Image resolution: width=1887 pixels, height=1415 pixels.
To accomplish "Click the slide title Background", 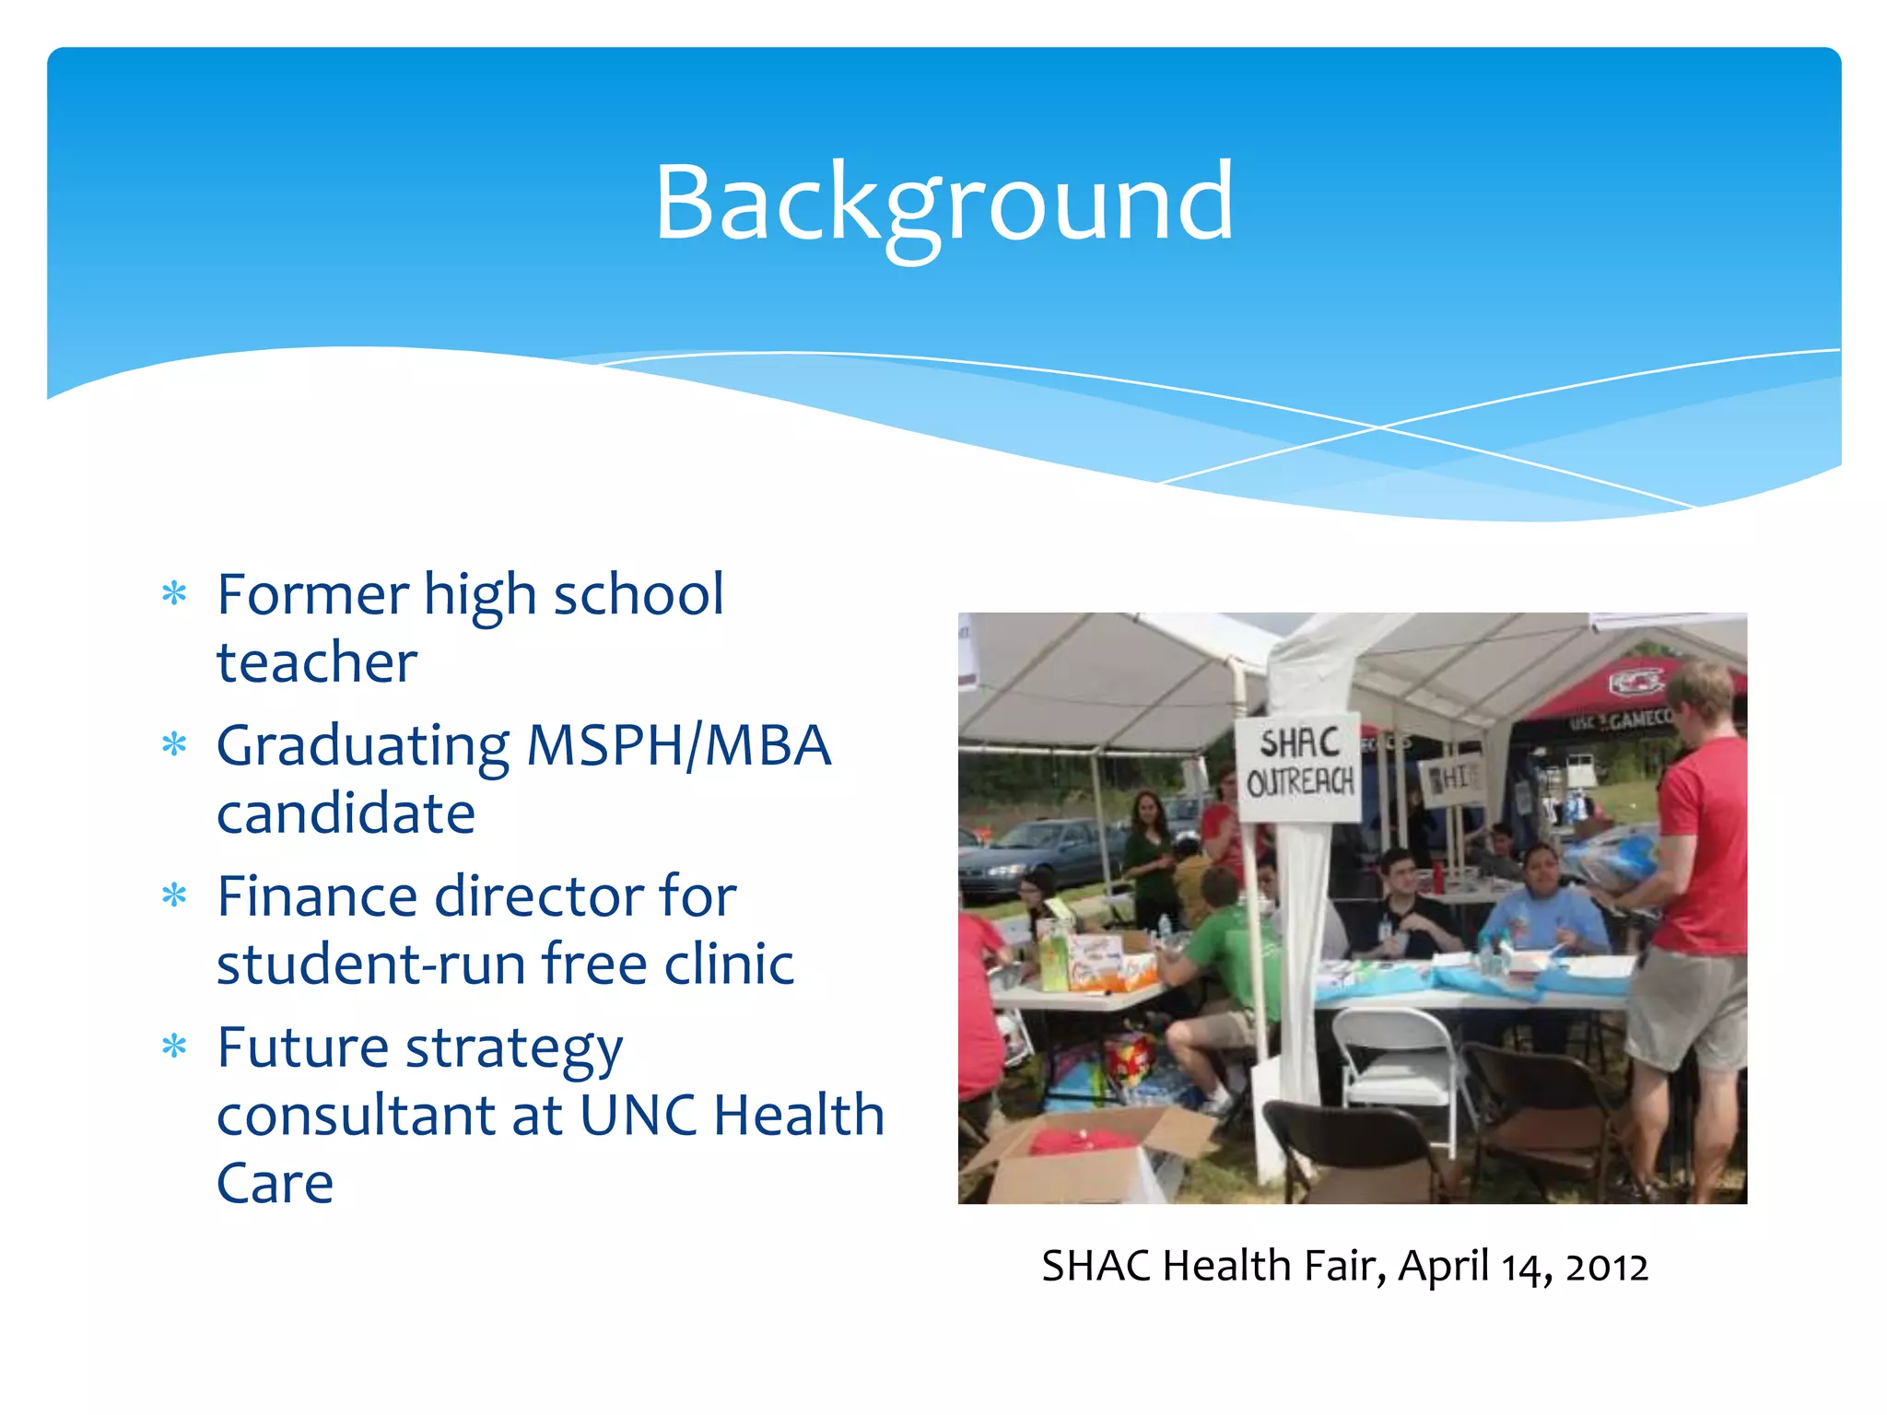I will (943, 203).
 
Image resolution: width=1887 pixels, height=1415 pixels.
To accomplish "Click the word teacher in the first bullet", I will (317, 662).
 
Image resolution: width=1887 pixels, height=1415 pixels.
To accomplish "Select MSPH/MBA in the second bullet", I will (679, 745).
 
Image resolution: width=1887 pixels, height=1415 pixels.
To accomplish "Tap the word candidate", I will (346, 813).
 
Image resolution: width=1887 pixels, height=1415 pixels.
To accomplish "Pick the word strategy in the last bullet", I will (514, 1050).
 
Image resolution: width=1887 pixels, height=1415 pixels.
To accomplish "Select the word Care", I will (275, 1184).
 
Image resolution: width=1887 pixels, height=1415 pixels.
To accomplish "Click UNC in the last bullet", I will (638, 1116).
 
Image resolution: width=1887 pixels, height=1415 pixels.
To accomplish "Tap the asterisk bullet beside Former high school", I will (174, 593).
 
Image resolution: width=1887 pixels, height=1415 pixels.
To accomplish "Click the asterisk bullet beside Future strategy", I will (174, 1047).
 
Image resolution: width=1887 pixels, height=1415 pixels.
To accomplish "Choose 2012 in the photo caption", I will (1606, 1268).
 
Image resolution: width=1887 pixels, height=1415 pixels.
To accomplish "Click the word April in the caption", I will (1443, 1268).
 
